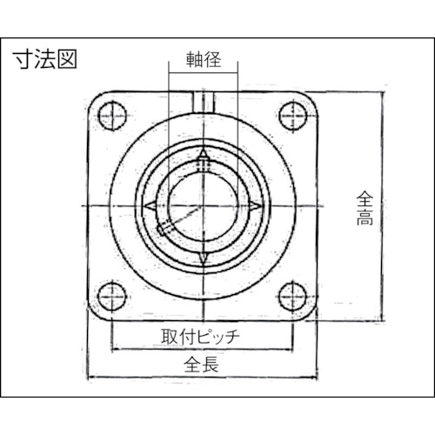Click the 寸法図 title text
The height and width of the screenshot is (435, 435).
[x=44, y=60]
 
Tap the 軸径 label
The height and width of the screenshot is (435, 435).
[x=201, y=60]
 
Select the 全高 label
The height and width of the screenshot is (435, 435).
[x=365, y=209]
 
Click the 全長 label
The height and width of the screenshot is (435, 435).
[x=201, y=365]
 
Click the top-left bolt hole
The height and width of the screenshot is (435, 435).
[x=110, y=112]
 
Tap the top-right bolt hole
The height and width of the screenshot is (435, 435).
[x=291, y=112]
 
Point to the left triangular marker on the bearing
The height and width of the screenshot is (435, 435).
[x=149, y=205]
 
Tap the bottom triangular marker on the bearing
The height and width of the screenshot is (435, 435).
[x=201, y=258]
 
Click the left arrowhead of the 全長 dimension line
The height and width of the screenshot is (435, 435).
[x=93, y=378]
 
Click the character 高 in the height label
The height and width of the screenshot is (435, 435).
[x=365, y=219]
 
